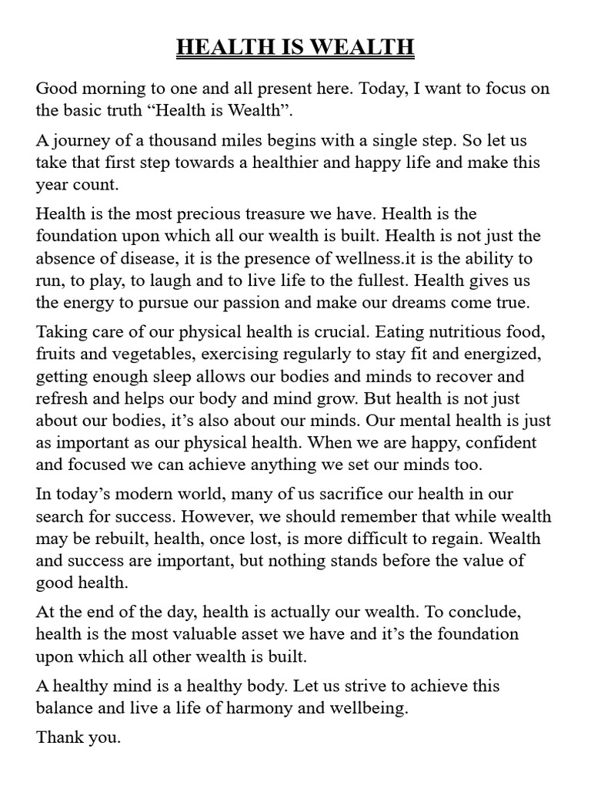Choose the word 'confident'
[x=500, y=442]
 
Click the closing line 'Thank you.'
[x=78, y=737]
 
